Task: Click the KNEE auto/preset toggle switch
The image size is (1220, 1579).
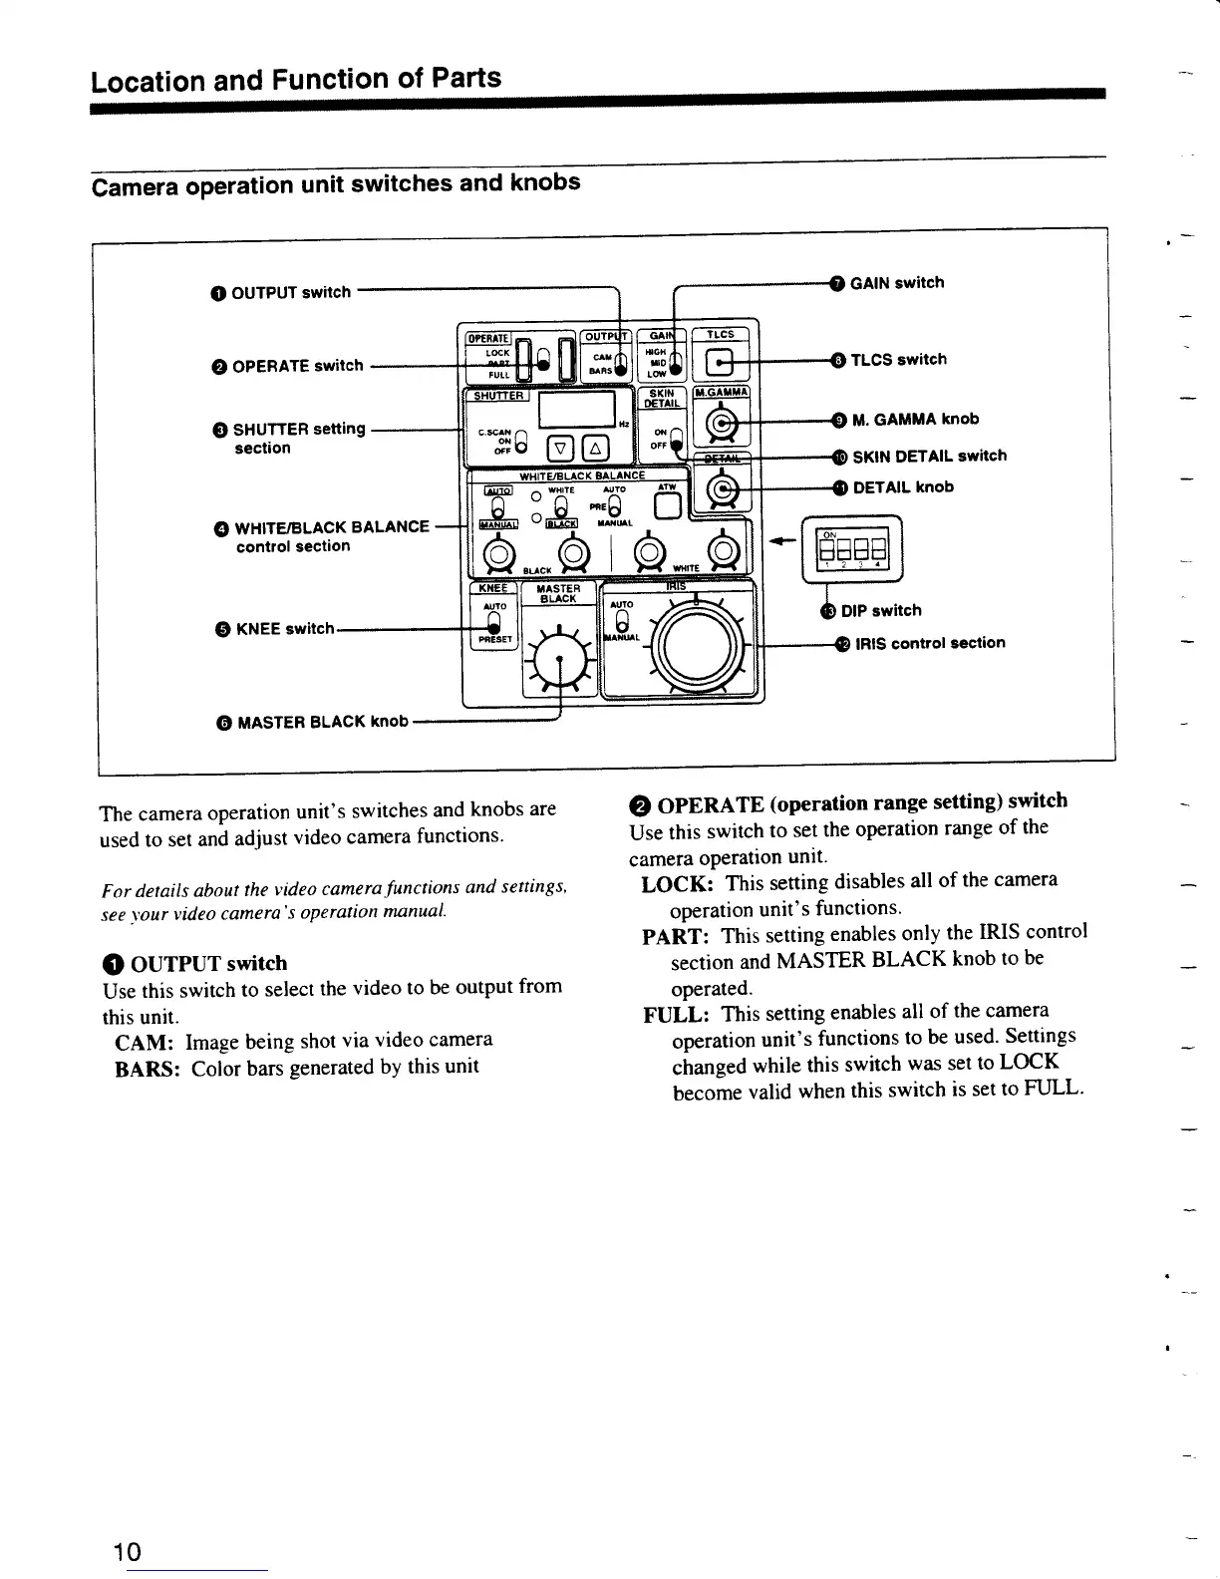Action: click(493, 623)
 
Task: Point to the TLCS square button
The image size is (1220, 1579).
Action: click(720, 363)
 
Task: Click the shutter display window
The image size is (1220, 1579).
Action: click(575, 408)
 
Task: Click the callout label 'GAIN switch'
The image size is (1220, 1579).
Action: click(896, 283)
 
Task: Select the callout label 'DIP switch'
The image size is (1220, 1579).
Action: click(880, 610)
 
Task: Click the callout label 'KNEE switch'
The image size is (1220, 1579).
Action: click(284, 629)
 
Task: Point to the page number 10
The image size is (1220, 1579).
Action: click(128, 1552)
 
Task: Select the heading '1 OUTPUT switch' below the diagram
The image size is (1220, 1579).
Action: click(195, 963)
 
